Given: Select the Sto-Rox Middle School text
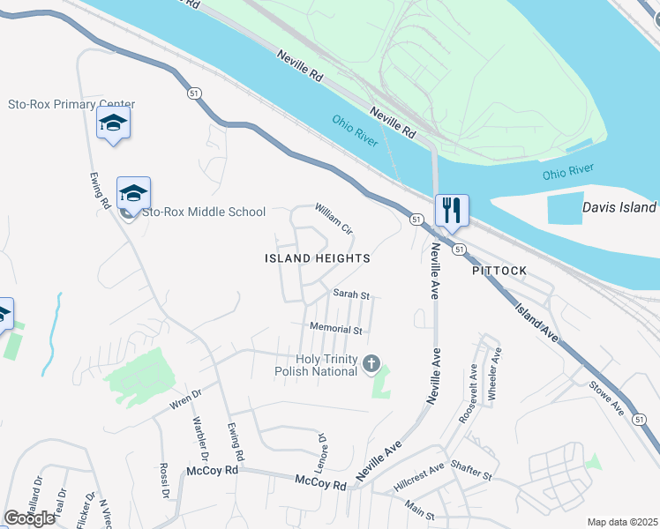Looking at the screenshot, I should pyautogui.click(x=203, y=212).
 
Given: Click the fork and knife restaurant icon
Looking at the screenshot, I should pyautogui.click(x=452, y=211).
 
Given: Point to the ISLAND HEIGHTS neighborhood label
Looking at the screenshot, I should pyautogui.click(x=318, y=258).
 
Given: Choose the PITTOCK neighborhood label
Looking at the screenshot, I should pyautogui.click(x=499, y=270).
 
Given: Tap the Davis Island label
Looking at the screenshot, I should pyautogui.click(x=619, y=207).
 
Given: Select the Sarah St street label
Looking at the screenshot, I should pyautogui.click(x=350, y=294).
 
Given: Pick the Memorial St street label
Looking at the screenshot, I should pyautogui.click(x=336, y=329).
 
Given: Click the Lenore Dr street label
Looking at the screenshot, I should pyautogui.click(x=322, y=449).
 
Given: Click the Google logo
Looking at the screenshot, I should pyautogui.click(x=30, y=518).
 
